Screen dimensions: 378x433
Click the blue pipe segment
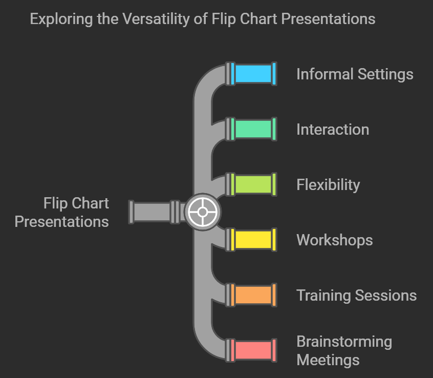click(253, 74)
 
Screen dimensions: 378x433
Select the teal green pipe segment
click(253, 129)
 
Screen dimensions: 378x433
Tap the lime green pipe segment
click(253, 184)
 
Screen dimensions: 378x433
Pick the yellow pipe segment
click(253, 240)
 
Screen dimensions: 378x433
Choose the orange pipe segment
click(253, 295)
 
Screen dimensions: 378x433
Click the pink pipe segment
click(253, 350)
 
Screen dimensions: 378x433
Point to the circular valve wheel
click(202, 212)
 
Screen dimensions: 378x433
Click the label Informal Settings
click(355, 74)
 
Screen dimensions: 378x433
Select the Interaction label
click(333, 130)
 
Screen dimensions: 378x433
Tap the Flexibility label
click(328, 185)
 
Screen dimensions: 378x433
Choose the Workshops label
click(335, 240)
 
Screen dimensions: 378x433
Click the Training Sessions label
click(357, 296)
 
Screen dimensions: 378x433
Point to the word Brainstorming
click(344, 342)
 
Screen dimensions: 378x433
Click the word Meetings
click(328, 360)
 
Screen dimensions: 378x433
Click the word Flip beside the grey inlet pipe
click(55, 203)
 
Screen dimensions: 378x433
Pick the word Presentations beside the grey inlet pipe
click(61, 221)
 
